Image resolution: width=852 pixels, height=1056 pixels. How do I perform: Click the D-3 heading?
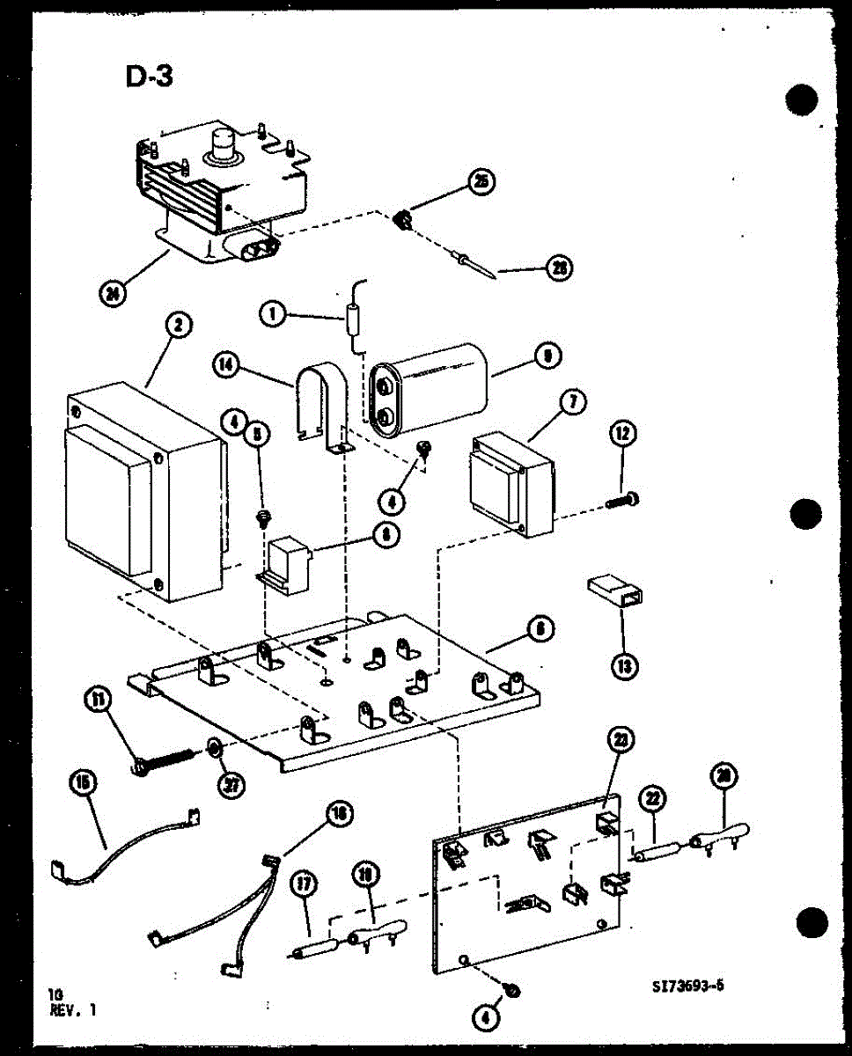(148, 77)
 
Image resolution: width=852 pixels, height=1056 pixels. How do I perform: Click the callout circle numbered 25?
(481, 182)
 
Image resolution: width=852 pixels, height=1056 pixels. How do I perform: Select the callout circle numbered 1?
(275, 313)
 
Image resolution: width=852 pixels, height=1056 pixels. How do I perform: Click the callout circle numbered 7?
(571, 403)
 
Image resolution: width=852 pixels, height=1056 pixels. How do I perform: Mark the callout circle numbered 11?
(98, 700)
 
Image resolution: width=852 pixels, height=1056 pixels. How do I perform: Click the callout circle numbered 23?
(622, 741)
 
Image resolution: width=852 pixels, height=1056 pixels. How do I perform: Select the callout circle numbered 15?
(85, 782)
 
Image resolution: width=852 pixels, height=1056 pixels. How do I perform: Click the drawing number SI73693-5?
(683, 986)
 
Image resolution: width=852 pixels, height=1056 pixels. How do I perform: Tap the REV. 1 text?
(74, 1009)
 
